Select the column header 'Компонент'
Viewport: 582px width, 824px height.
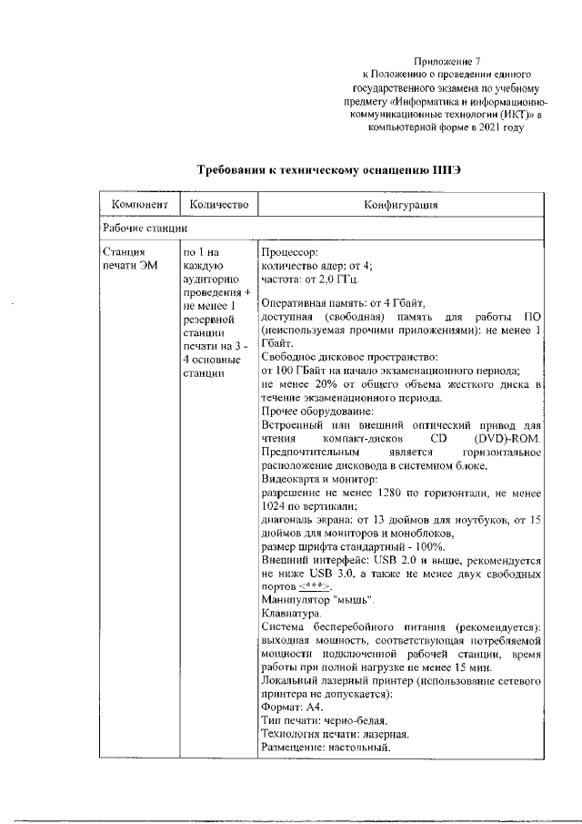[x=138, y=206]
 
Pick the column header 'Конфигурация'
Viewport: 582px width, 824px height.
[x=401, y=206]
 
